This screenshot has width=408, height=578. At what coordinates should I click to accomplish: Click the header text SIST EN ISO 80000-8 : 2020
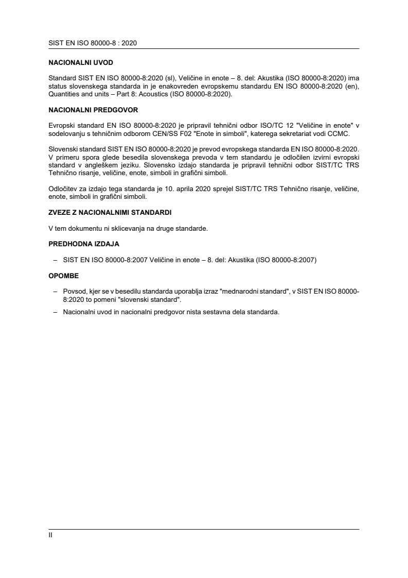coord(93,43)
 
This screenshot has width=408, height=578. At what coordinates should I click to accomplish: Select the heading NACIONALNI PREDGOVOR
coord(93,110)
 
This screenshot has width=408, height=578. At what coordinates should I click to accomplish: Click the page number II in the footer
coord(50,535)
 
